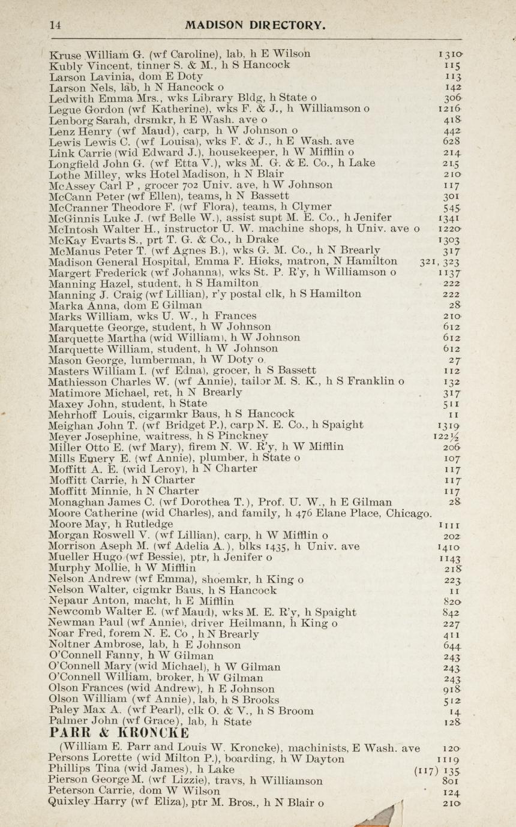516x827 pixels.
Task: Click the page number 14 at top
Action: coord(55,25)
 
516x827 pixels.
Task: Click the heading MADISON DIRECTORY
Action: coord(256,25)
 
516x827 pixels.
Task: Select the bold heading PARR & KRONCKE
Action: coord(119,733)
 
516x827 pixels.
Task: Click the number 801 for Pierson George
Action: coord(449,781)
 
